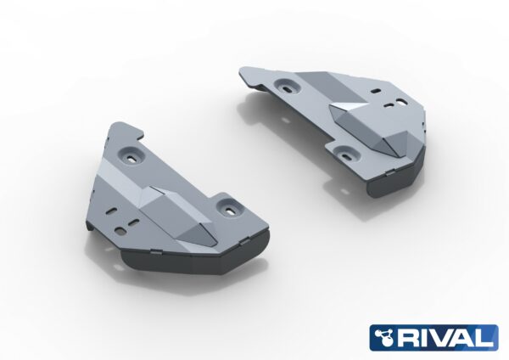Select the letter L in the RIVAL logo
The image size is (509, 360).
click(x=489, y=338)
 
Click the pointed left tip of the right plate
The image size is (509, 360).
click(x=242, y=73)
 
